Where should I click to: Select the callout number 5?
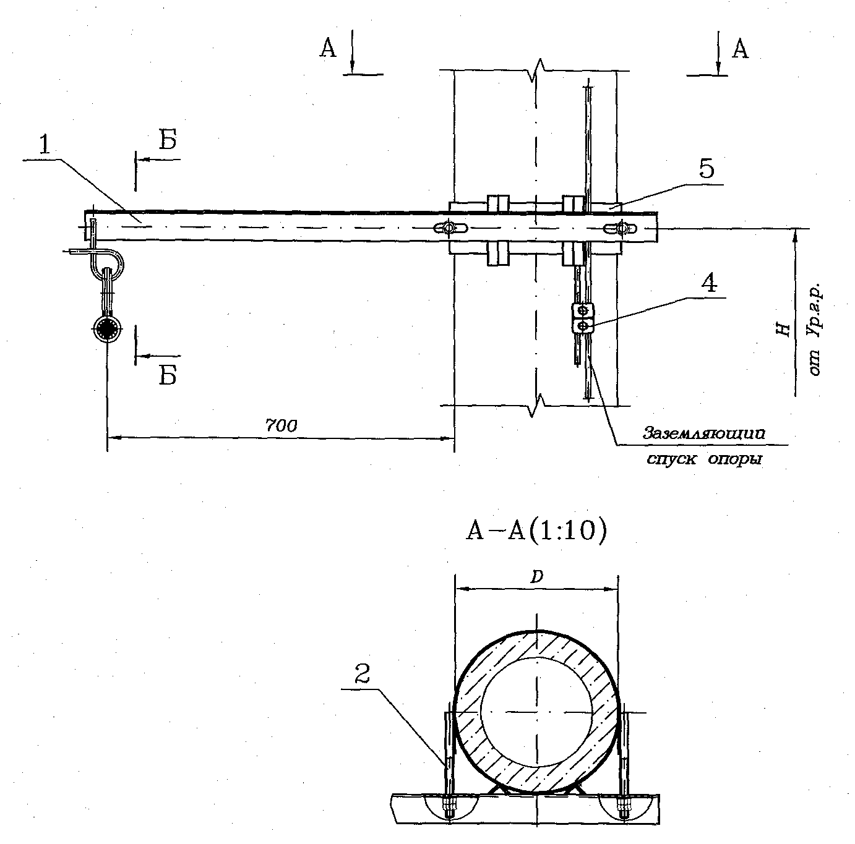pyautogui.click(x=707, y=168)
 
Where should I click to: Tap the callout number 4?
pyautogui.click(x=709, y=282)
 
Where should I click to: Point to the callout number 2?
pyautogui.click(x=363, y=674)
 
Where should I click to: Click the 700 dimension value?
pyautogui.click(x=281, y=425)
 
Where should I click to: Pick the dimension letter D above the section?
pyautogui.click(x=537, y=576)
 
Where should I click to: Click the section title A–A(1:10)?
pyautogui.click(x=536, y=531)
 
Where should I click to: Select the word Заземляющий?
pyautogui.click(x=704, y=433)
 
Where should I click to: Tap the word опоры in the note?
pyautogui.click(x=735, y=459)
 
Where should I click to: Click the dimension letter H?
pyautogui.click(x=784, y=329)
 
